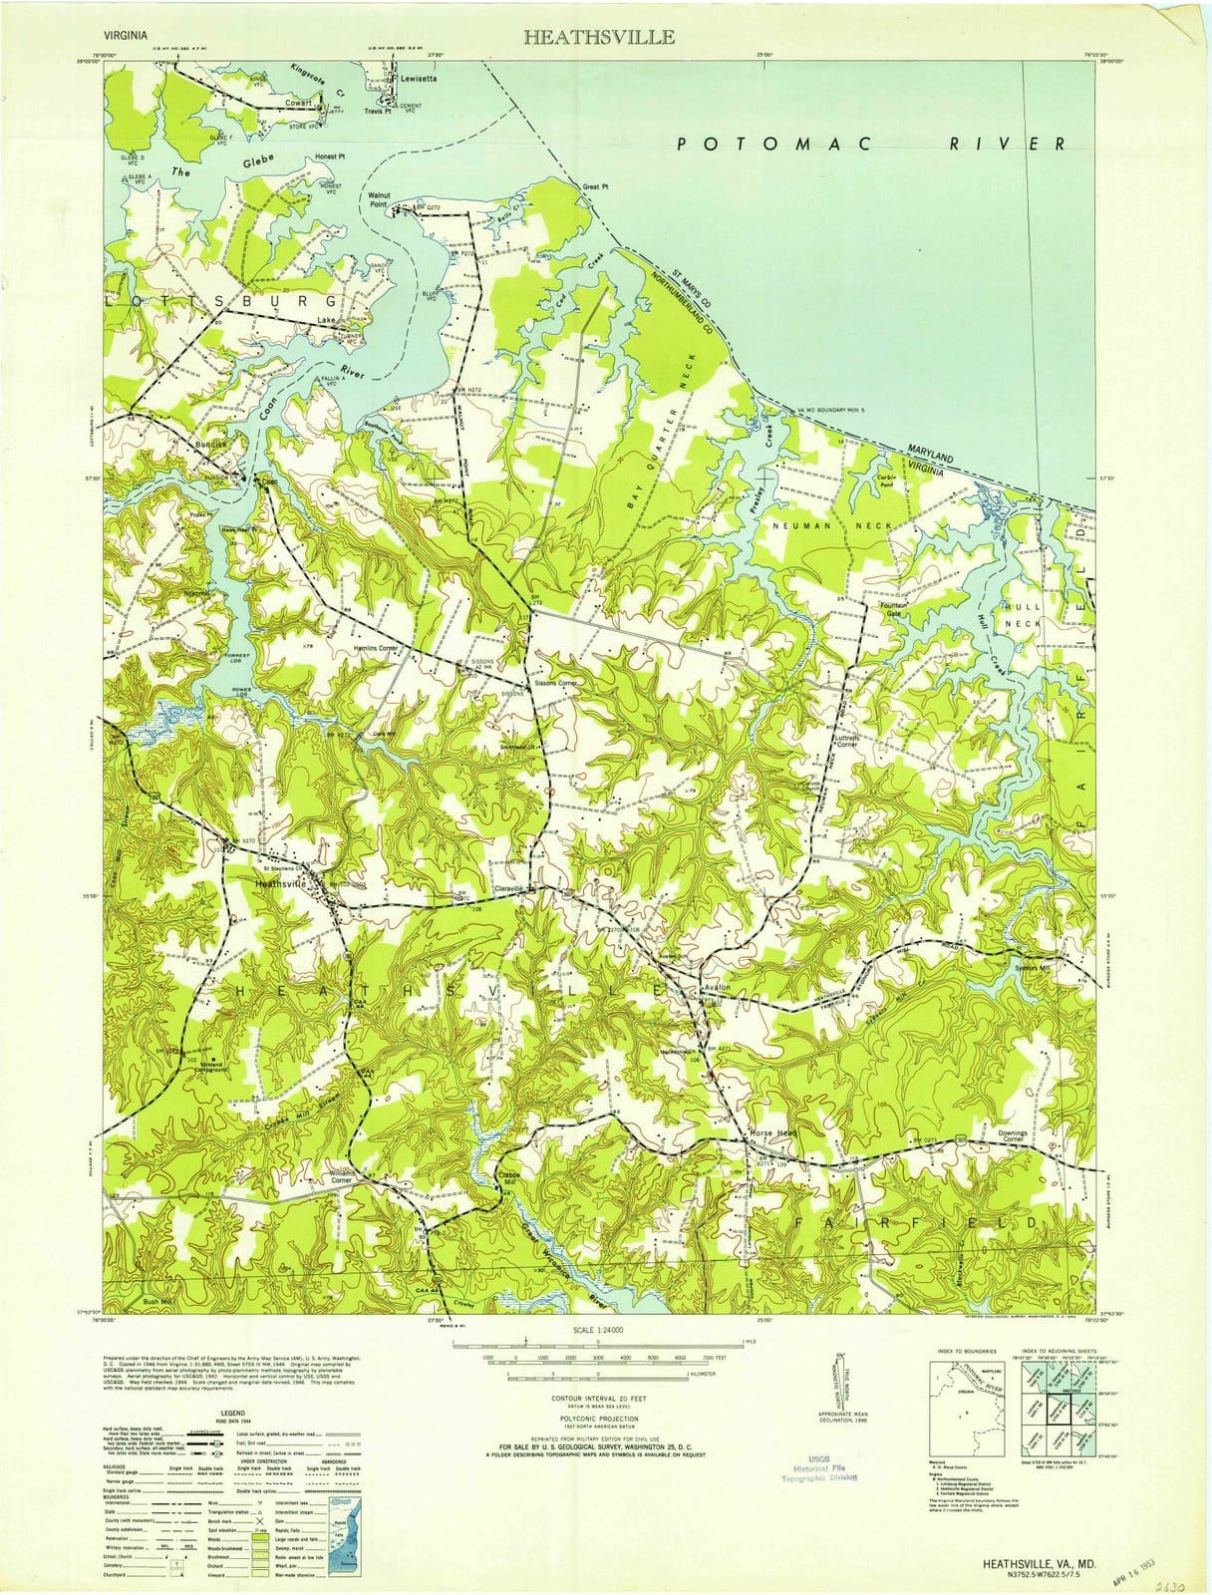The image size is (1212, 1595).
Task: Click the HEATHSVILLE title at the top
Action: coord(598,37)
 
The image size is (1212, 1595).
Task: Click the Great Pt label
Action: coord(595,186)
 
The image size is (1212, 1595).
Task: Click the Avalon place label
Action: coord(718,987)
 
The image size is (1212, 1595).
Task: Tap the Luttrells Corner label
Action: coord(843,740)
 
